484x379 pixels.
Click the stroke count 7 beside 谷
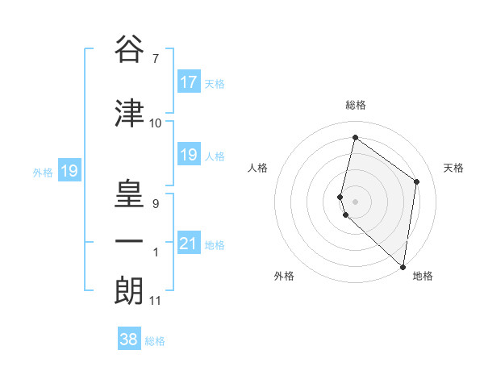coord(155,58)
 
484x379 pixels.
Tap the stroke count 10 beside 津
coord(155,123)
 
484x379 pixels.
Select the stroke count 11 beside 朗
coord(155,301)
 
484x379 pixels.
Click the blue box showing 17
coord(188,82)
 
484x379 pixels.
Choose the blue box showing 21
coord(188,244)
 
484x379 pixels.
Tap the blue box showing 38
coord(128,339)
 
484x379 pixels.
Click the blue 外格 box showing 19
coord(69,171)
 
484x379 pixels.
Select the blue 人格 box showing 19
coord(188,155)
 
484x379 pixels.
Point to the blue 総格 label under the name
coord(155,341)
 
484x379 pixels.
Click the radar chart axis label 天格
coord(454,168)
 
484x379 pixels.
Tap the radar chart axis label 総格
coord(356,105)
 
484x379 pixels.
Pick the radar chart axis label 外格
coord(284,276)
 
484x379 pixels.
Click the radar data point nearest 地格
coord(403,266)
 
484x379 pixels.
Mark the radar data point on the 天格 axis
coord(416,181)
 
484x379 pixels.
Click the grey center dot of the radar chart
coord(356,201)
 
